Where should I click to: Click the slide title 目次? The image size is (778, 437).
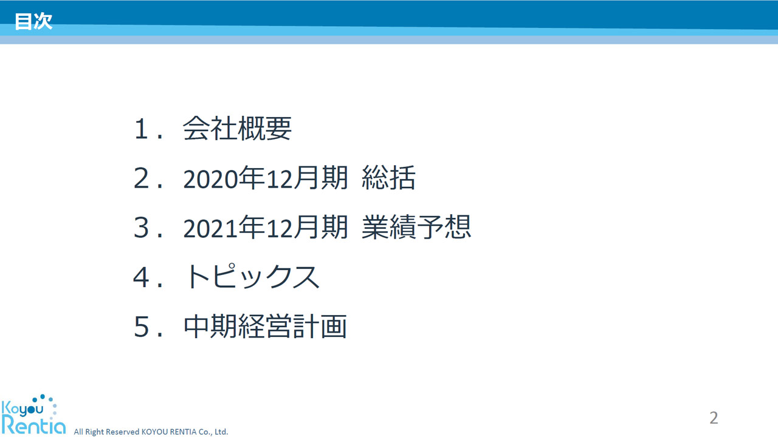pos(33,21)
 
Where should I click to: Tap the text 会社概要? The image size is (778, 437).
pos(237,128)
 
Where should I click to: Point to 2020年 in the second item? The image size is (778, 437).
pos(224,178)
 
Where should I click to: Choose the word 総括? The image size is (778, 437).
pos(388,178)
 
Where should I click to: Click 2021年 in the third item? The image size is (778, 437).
pos(224,228)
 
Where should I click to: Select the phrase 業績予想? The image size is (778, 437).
pos(416,227)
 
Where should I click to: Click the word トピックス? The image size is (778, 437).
pos(252,276)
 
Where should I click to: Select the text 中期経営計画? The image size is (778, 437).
pos(265,327)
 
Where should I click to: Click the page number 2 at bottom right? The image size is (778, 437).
pos(714,418)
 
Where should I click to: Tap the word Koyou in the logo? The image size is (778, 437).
pos(22,409)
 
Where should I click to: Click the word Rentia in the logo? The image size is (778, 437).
pos(33,425)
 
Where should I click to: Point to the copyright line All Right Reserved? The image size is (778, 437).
pos(151,432)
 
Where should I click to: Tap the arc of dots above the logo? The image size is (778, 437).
pos(50,399)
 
